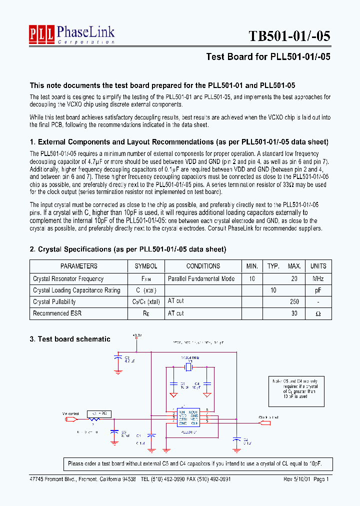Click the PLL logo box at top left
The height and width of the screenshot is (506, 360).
(x=41, y=34)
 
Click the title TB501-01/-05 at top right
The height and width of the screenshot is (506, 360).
(x=289, y=36)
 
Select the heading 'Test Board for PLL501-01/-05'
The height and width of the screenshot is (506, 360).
(x=268, y=56)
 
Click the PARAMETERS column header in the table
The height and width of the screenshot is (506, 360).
(x=79, y=266)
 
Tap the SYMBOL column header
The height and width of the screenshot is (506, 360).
(x=146, y=266)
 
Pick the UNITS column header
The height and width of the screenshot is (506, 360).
(x=318, y=266)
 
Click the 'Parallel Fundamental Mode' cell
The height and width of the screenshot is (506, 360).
(x=201, y=278)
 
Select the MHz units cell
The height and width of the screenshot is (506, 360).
(x=318, y=278)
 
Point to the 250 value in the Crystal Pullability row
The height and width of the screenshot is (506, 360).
(x=294, y=301)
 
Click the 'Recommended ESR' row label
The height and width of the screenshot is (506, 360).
(x=57, y=313)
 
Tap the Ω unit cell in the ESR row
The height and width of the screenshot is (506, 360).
(x=318, y=313)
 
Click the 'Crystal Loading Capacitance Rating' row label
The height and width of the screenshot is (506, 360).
(x=76, y=290)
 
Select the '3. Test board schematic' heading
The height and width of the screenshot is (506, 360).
(x=70, y=339)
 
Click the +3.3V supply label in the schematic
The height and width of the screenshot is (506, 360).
(x=136, y=335)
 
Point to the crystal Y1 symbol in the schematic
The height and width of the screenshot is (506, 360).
(x=187, y=367)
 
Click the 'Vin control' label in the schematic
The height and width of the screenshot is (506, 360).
(x=70, y=413)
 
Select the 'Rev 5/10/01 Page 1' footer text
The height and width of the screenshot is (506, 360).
(x=306, y=479)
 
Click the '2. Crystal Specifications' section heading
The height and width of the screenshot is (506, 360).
(x=128, y=249)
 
